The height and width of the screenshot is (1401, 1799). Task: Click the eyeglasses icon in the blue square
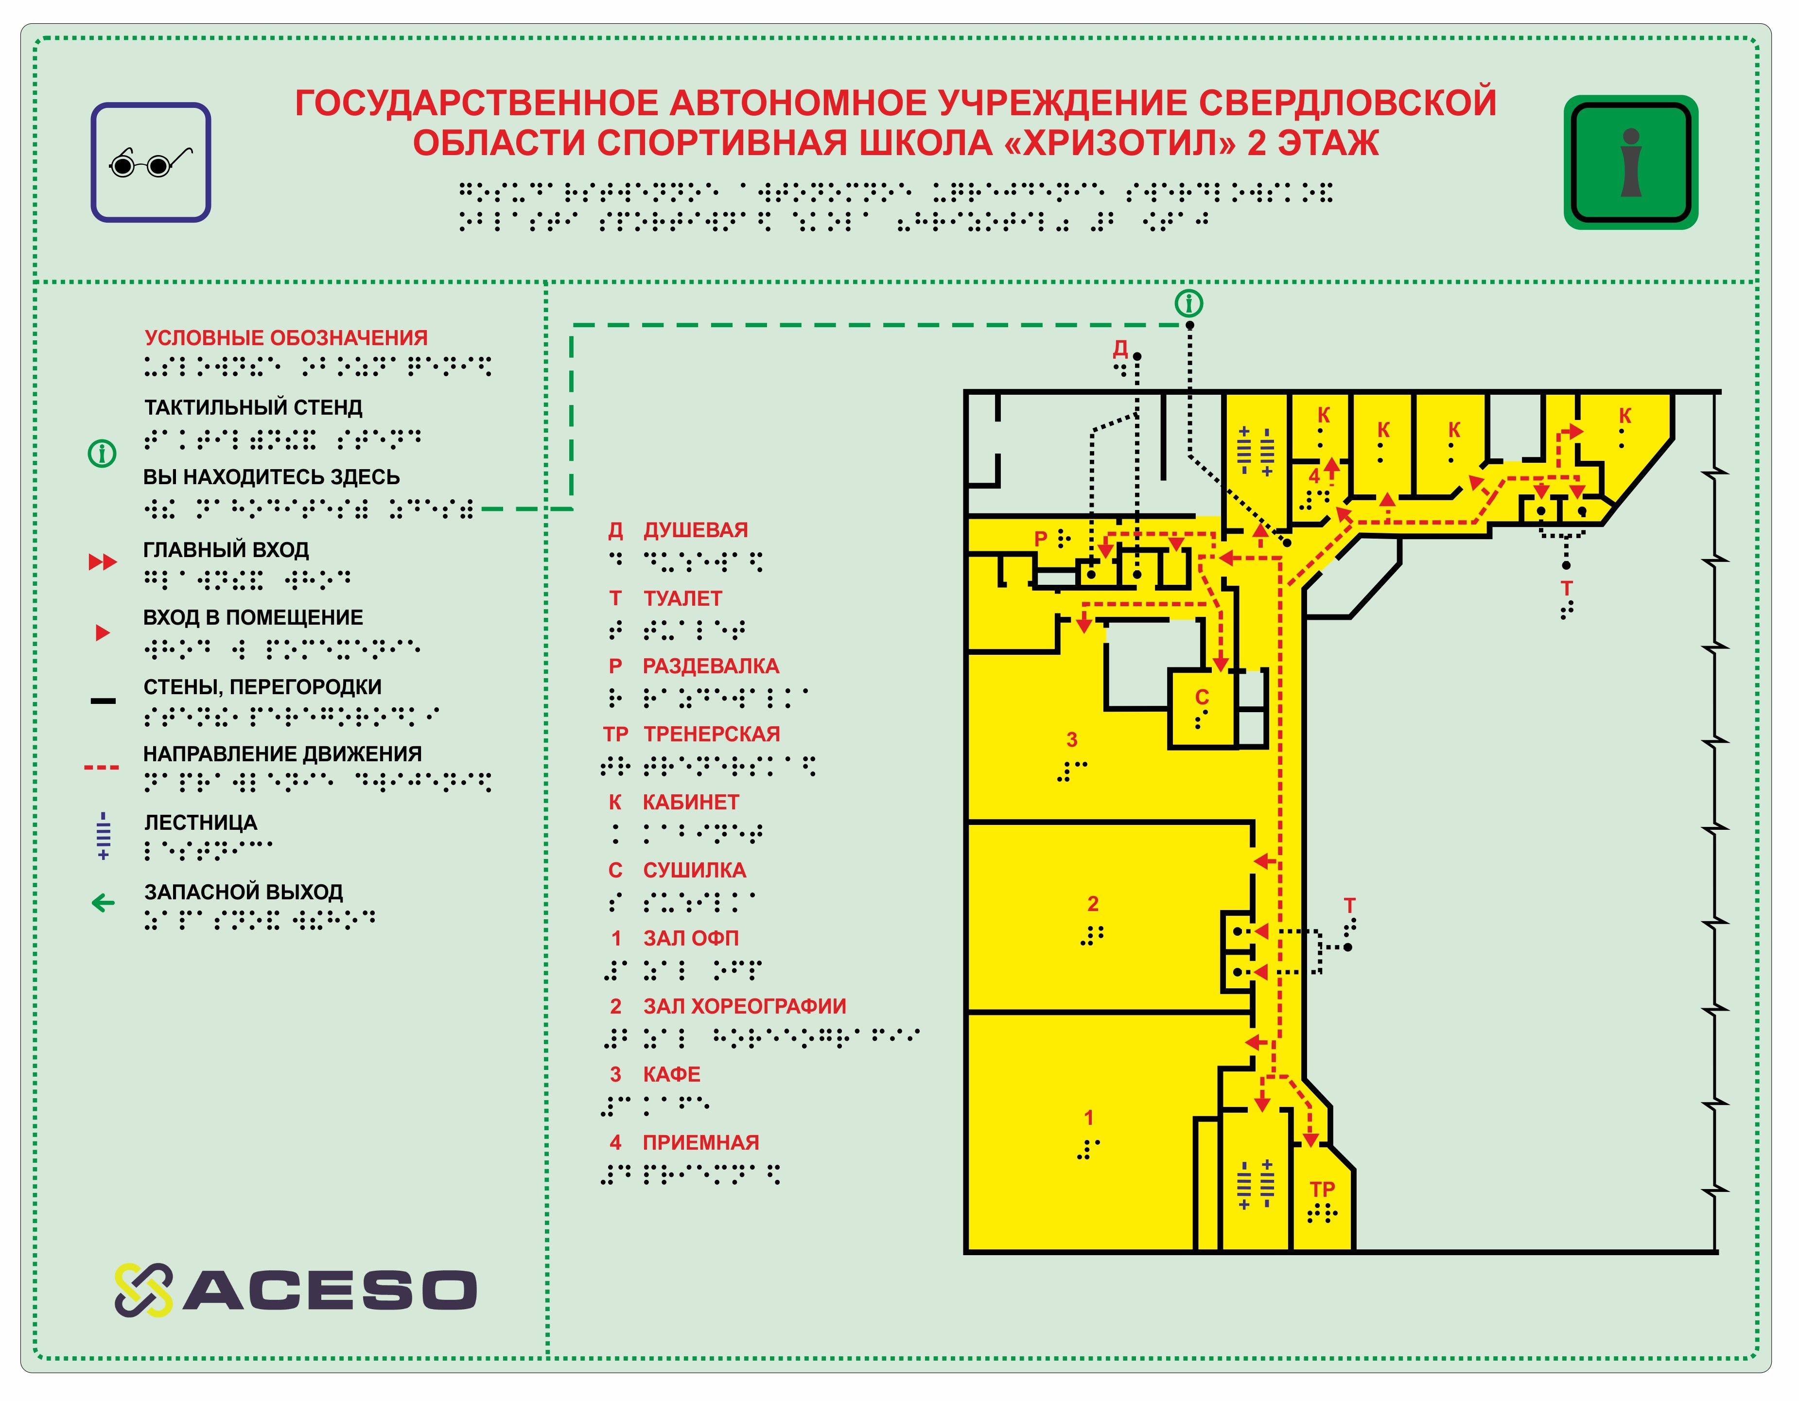tap(151, 162)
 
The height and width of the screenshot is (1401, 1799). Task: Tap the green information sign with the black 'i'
tap(1630, 162)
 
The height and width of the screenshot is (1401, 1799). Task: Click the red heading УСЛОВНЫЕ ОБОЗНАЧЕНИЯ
tap(286, 338)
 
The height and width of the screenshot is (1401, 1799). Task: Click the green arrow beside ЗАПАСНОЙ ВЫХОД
tap(103, 904)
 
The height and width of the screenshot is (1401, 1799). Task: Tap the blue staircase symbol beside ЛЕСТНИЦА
tap(103, 836)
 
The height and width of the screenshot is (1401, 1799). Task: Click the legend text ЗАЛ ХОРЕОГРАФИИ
tap(745, 1006)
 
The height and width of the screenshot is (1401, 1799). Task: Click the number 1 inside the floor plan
tap(1088, 1118)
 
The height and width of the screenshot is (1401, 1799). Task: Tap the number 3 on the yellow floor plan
tap(1072, 739)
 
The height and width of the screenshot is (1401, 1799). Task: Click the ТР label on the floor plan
tap(1322, 1190)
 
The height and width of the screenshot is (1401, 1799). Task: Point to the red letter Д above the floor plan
tap(1120, 348)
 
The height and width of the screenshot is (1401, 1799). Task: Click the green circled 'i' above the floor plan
tap(1188, 303)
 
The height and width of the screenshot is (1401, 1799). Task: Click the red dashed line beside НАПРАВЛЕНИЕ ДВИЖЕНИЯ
tap(101, 768)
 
